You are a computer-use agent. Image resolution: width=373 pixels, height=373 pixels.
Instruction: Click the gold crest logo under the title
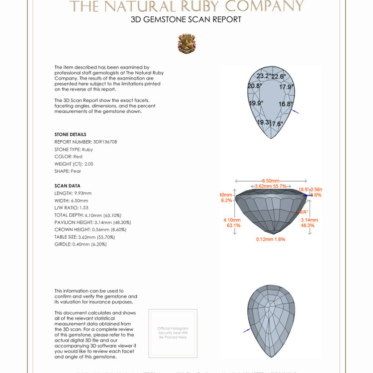tap(186, 44)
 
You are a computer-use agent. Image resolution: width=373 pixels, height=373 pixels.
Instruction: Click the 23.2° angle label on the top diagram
tap(264, 76)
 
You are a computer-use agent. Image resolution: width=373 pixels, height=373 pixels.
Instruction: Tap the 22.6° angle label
tap(279, 77)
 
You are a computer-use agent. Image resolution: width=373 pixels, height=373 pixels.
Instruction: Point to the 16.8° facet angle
tap(285, 104)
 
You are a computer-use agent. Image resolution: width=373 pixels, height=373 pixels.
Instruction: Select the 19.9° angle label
tap(256, 103)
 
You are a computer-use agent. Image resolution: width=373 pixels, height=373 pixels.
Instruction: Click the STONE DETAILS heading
tap(70, 134)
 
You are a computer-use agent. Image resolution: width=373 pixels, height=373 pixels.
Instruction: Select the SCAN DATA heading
tap(67, 186)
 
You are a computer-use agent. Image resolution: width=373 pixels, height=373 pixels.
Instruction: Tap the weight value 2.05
tap(89, 164)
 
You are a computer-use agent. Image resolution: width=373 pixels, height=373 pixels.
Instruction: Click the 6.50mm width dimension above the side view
tap(271, 181)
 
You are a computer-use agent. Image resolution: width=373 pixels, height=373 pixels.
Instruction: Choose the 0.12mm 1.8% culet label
tap(271, 239)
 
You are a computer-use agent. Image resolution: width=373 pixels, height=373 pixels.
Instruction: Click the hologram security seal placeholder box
tap(173, 333)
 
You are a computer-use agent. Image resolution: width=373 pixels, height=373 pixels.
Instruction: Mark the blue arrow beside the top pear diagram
tap(295, 112)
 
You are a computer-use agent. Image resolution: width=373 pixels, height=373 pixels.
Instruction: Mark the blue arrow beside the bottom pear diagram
tap(247, 330)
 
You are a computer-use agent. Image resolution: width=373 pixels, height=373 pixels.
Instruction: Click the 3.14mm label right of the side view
tap(307, 219)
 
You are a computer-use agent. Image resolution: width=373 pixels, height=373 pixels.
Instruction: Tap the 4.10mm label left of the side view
tap(232, 219)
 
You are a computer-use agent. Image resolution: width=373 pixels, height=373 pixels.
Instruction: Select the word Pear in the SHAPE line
tap(76, 171)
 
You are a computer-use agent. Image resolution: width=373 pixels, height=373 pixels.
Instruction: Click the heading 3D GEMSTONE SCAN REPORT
tap(186, 20)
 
